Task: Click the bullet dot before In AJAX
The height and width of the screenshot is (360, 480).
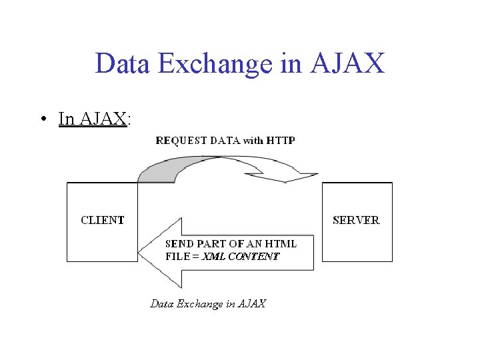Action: pyautogui.click(x=41, y=119)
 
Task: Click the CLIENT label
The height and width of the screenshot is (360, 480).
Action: pyautogui.click(x=103, y=220)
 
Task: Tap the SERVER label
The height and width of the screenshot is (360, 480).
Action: pyautogui.click(x=356, y=220)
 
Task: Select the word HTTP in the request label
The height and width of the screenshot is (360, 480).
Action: pyautogui.click(x=281, y=141)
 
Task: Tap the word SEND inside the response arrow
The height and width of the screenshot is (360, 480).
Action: pyautogui.click(x=178, y=244)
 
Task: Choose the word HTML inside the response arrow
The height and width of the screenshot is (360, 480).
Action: pyautogui.click(x=281, y=244)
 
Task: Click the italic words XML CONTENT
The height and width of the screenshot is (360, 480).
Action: pyautogui.click(x=241, y=256)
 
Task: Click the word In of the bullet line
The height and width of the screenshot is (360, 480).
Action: pyautogui.click(x=67, y=119)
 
